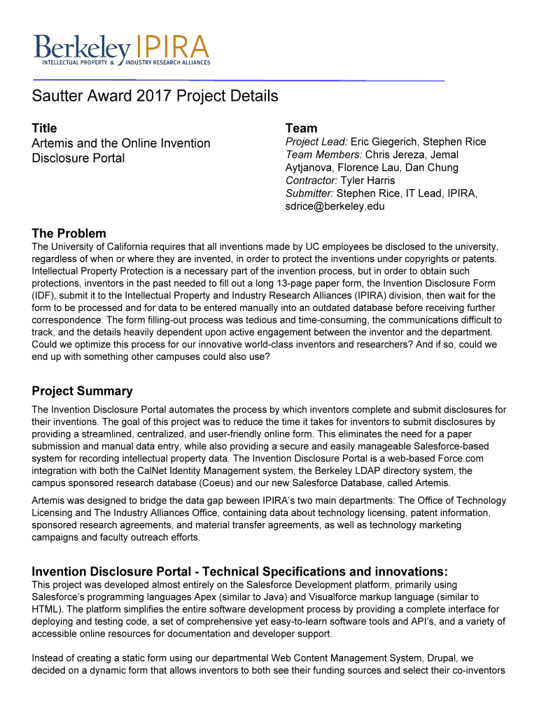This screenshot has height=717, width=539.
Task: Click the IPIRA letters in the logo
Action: click(x=172, y=47)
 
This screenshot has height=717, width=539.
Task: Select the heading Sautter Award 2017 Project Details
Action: click(x=155, y=96)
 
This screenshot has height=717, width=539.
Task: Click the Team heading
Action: click(x=301, y=128)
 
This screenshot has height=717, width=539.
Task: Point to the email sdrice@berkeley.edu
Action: click(x=335, y=207)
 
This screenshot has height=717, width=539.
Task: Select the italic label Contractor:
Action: click(x=311, y=181)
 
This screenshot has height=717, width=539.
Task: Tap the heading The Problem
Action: click(x=69, y=233)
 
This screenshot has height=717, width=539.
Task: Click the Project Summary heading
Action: click(x=82, y=391)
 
